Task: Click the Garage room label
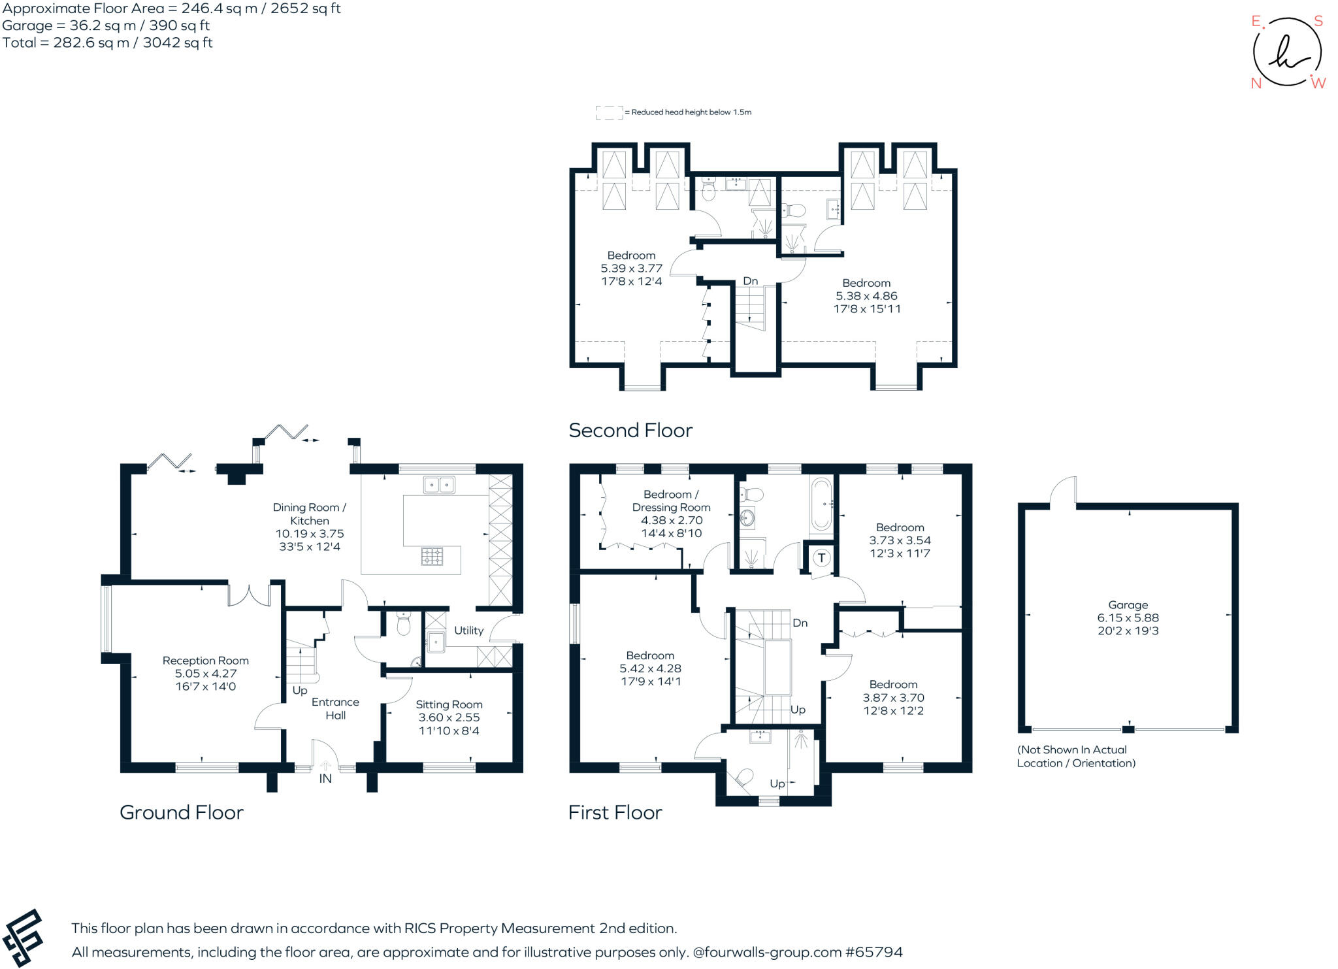point(1128,605)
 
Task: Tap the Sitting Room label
point(449,704)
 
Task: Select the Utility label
point(468,631)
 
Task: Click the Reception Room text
point(205,661)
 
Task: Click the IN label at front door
point(325,779)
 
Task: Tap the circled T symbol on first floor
point(821,558)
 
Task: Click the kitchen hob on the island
point(432,557)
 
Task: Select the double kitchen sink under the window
point(439,485)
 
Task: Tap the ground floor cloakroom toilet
point(403,625)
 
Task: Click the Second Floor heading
point(630,431)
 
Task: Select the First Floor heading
point(615,812)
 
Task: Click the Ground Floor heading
point(181,812)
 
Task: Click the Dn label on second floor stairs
point(750,281)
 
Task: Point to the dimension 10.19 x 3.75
point(309,534)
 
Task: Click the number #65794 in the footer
point(873,952)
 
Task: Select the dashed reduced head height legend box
point(608,112)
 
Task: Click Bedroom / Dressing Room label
point(671,501)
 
